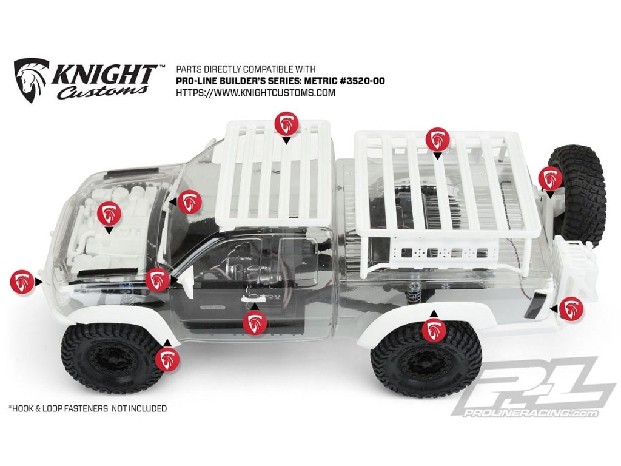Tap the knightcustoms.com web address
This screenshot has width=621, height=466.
click(x=255, y=93)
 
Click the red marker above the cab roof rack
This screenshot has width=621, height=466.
click(x=286, y=123)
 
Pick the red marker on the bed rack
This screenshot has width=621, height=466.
click(x=437, y=139)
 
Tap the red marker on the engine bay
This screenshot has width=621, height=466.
click(x=109, y=213)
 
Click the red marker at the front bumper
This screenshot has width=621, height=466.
click(x=22, y=281)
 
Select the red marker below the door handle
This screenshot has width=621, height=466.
click(x=254, y=323)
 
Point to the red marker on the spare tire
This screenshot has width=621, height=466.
click(x=549, y=177)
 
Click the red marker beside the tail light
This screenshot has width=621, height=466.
click(x=571, y=309)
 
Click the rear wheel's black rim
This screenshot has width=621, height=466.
click(x=427, y=368)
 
